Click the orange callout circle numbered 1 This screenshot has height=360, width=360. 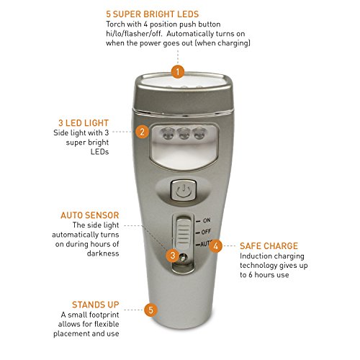click(178, 71)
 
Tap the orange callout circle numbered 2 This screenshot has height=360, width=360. click(142, 132)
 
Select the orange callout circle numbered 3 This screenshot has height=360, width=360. click(173, 255)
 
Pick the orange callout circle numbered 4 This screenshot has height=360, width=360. click(215, 246)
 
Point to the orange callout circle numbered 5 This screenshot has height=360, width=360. click(150, 310)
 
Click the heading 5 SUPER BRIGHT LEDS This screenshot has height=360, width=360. click(153, 14)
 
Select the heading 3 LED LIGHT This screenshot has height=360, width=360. click(84, 123)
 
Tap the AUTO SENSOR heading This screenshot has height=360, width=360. click(90, 215)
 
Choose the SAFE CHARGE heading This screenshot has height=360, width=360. click(269, 246)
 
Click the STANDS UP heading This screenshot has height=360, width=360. click(96, 305)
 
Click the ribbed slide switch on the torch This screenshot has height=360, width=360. click(183, 233)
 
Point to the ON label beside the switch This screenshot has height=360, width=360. click(207, 220)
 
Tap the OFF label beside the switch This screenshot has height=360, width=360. click(206, 232)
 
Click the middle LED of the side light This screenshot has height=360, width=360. click(184, 134)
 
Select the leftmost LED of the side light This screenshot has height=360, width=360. click(167, 133)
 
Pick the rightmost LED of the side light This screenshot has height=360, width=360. click(200, 133)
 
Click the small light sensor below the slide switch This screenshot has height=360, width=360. click(183, 258)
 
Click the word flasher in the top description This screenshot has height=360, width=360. click(137, 34)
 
